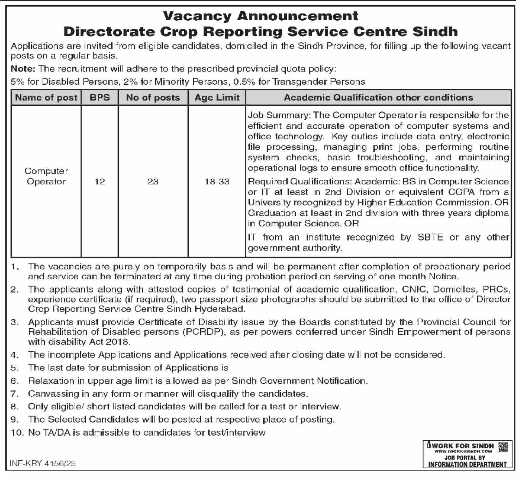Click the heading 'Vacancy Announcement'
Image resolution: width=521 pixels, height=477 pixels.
tap(260, 16)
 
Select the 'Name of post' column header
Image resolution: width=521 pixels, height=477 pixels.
tap(46, 97)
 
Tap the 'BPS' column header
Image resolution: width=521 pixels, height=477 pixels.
tap(100, 97)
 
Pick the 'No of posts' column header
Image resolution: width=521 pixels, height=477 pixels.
tap(153, 97)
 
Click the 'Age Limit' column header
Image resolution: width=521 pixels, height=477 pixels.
tap(217, 97)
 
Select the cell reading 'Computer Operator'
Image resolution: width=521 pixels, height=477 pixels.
tap(46, 176)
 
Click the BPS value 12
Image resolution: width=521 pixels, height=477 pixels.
tap(100, 182)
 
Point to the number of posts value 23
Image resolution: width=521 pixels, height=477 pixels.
tap(153, 182)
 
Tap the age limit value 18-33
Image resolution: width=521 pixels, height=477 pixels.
tap(217, 182)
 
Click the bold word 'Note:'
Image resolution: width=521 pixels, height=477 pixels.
tap(23, 69)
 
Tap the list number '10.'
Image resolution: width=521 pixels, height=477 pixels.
tap(17, 432)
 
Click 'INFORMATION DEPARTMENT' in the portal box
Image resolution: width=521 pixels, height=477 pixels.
tap(467, 464)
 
